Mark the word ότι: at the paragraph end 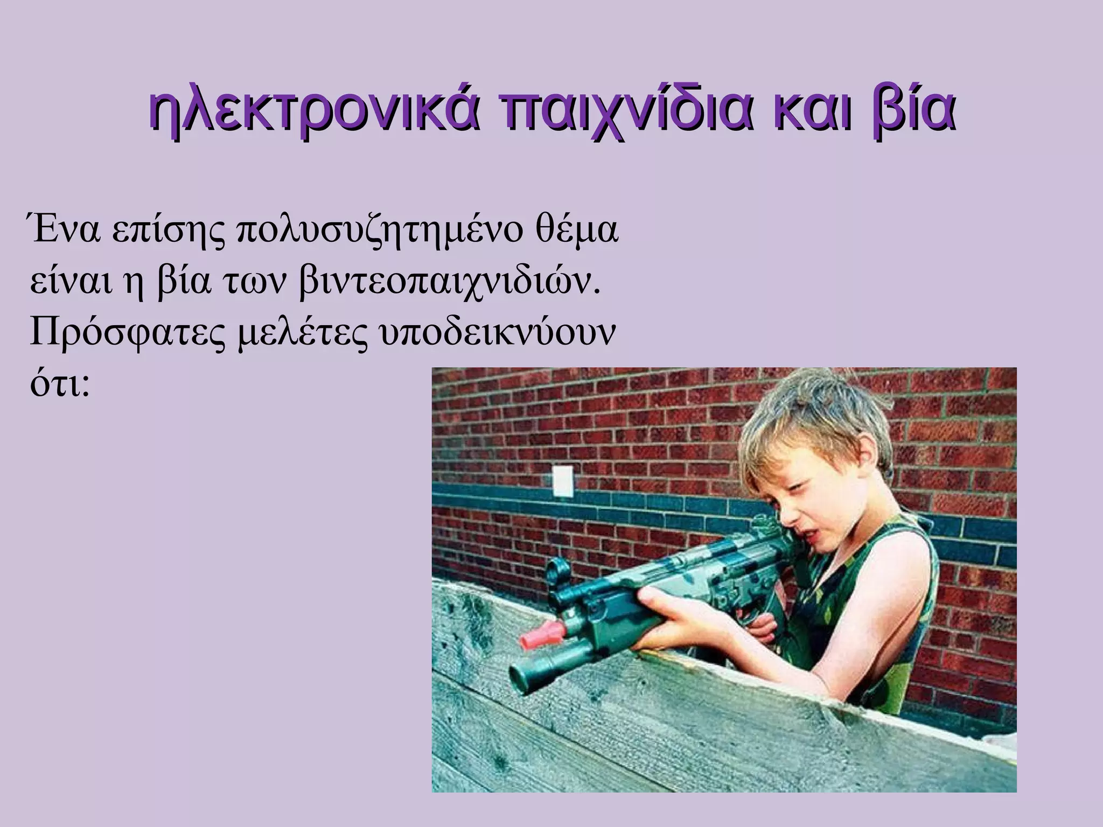click(59, 385)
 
